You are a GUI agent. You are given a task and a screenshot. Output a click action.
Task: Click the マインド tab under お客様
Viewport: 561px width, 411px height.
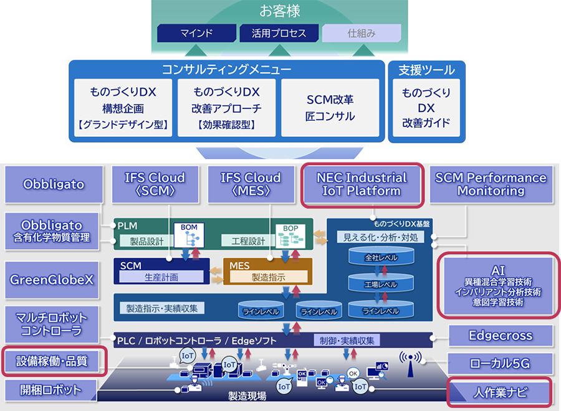(196, 33)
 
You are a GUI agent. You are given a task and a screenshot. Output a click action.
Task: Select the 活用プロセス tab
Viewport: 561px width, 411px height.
(279, 33)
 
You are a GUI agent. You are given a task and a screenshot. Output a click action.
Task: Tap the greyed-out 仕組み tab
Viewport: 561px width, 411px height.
(362, 33)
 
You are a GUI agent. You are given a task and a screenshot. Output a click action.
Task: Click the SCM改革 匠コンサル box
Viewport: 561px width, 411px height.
(330, 108)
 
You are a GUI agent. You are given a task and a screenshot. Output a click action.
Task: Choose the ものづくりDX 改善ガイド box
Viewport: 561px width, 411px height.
(426, 108)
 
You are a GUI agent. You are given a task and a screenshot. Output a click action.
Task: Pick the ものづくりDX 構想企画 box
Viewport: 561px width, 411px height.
(122, 108)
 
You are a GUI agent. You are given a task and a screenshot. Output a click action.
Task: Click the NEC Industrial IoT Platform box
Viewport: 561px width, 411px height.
(362, 184)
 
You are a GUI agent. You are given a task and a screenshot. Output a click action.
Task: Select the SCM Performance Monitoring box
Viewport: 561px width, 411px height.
(491, 184)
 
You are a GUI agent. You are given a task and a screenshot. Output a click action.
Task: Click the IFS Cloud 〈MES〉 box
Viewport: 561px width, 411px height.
(251, 184)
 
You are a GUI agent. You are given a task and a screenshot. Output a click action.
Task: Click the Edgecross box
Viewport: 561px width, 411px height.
(501, 336)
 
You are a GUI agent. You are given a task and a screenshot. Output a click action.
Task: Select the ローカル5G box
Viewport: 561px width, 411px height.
(501, 362)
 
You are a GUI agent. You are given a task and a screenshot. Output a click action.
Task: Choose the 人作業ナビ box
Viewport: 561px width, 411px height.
(501, 392)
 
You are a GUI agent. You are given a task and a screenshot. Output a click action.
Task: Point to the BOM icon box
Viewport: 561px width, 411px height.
(189, 235)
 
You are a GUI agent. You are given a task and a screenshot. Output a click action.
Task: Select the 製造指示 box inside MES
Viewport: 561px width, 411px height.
(269, 277)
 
